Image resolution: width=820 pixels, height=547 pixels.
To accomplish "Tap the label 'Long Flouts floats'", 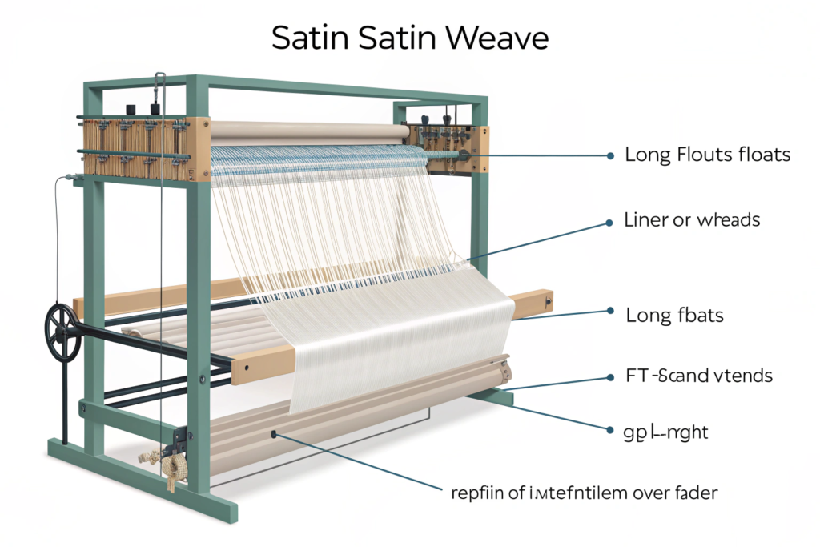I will point(707,155).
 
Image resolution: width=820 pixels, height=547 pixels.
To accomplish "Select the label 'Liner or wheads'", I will point(692,219).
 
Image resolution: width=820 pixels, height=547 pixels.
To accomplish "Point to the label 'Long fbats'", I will point(674,315).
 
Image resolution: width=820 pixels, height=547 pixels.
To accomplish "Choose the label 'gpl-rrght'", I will point(665,432).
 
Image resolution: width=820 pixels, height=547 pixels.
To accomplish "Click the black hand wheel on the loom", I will point(62,331).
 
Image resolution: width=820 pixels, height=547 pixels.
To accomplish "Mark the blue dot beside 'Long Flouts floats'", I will point(611,155).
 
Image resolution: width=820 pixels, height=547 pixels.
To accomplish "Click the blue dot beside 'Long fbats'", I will point(611,310).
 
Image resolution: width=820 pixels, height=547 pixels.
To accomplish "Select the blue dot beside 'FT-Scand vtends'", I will point(611,376).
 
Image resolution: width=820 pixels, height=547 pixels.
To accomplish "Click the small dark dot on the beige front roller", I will point(274,435).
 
